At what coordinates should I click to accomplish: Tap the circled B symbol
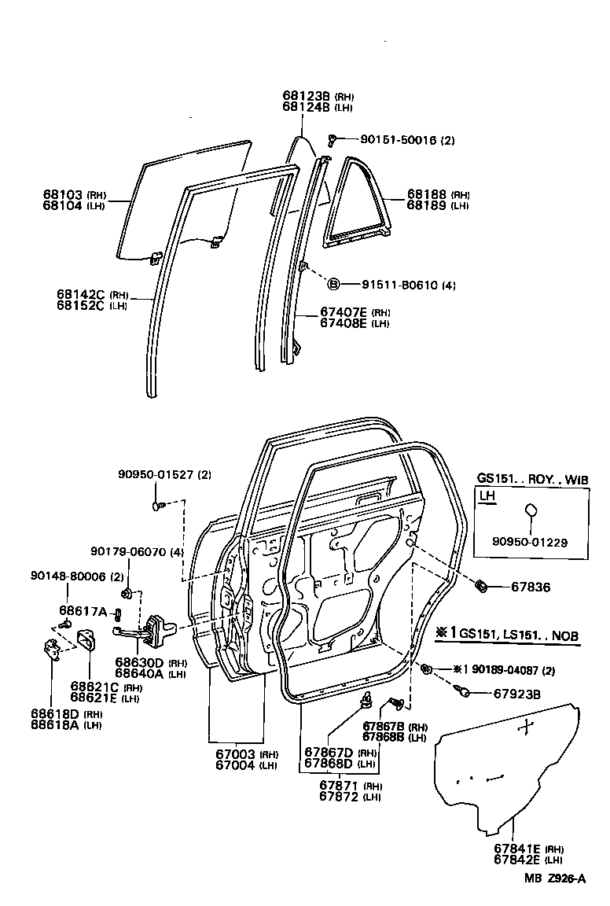tap(333, 284)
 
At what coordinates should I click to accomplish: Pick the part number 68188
tap(426, 194)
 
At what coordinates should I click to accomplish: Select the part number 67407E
tap(344, 312)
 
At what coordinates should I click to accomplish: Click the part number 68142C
tap(81, 294)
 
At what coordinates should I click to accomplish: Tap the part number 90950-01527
tap(154, 474)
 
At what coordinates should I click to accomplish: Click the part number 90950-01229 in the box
tap(530, 541)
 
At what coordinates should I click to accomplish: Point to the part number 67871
tap(340, 785)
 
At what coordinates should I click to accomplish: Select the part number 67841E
tap(516, 849)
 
